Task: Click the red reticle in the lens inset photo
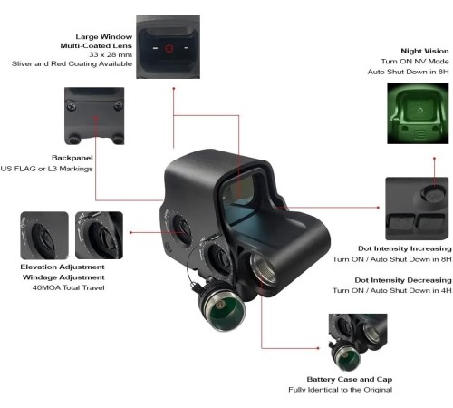point(169,48)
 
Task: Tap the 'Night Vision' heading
point(425,51)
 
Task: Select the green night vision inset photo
point(418,113)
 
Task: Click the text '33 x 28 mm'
point(111,54)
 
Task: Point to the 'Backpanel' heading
point(72,158)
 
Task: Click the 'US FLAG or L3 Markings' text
point(46,169)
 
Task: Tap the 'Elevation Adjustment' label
point(63,267)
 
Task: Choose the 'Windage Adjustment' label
point(63,277)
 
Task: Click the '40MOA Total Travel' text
point(69,287)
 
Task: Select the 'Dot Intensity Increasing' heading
point(405,248)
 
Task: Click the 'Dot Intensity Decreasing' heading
point(403,280)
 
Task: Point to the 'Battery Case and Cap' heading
point(350,379)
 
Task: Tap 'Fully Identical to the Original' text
point(341,390)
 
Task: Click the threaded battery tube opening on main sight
point(263,268)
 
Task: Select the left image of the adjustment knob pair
point(44,236)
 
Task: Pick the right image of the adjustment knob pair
point(99,236)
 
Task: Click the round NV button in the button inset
point(434,194)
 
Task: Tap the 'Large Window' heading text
point(104,36)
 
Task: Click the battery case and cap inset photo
point(358,343)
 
